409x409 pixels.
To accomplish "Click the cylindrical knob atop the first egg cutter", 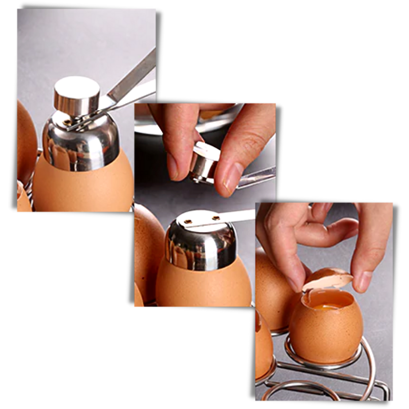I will click(77, 96).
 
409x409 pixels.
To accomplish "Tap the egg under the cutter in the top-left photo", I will click(82, 188).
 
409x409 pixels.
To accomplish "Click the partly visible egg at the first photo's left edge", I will click(25, 139).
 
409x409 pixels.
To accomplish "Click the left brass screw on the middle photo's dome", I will click(189, 221).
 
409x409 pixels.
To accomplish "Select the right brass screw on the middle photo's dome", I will click(213, 218).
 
